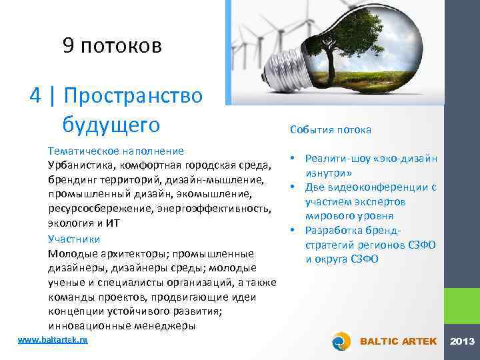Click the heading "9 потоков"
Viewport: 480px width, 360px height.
coord(112,46)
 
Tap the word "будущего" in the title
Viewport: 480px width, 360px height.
coord(111,124)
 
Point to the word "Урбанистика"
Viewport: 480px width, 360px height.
coord(80,165)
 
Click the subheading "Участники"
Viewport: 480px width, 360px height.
coord(74,238)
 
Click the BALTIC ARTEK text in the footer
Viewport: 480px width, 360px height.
coord(398,341)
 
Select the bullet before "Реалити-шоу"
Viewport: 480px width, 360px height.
coord(293,158)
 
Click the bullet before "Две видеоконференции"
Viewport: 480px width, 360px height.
coord(293,187)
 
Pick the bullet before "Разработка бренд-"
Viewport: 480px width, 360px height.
coord(293,231)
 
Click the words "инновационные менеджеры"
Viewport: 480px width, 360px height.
coord(122,326)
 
